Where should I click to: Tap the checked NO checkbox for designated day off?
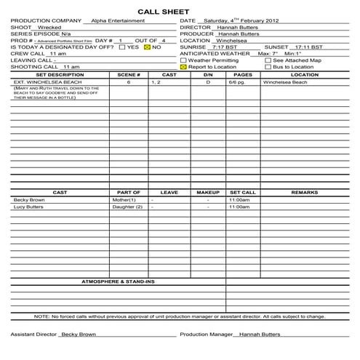point(146,47)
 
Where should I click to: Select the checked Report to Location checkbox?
point(183,66)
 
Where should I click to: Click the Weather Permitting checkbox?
point(183,60)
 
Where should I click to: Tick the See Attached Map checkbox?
point(268,60)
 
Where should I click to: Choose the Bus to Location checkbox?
point(268,66)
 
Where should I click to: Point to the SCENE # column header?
point(128,74)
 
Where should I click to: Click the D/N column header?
point(208,74)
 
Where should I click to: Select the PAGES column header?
point(243,74)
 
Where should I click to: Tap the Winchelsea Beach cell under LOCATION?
point(285,82)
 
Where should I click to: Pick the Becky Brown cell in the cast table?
point(29,199)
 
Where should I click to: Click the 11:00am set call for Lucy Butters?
point(239,207)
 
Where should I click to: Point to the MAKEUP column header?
point(208,192)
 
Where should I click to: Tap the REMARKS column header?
point(304,192)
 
